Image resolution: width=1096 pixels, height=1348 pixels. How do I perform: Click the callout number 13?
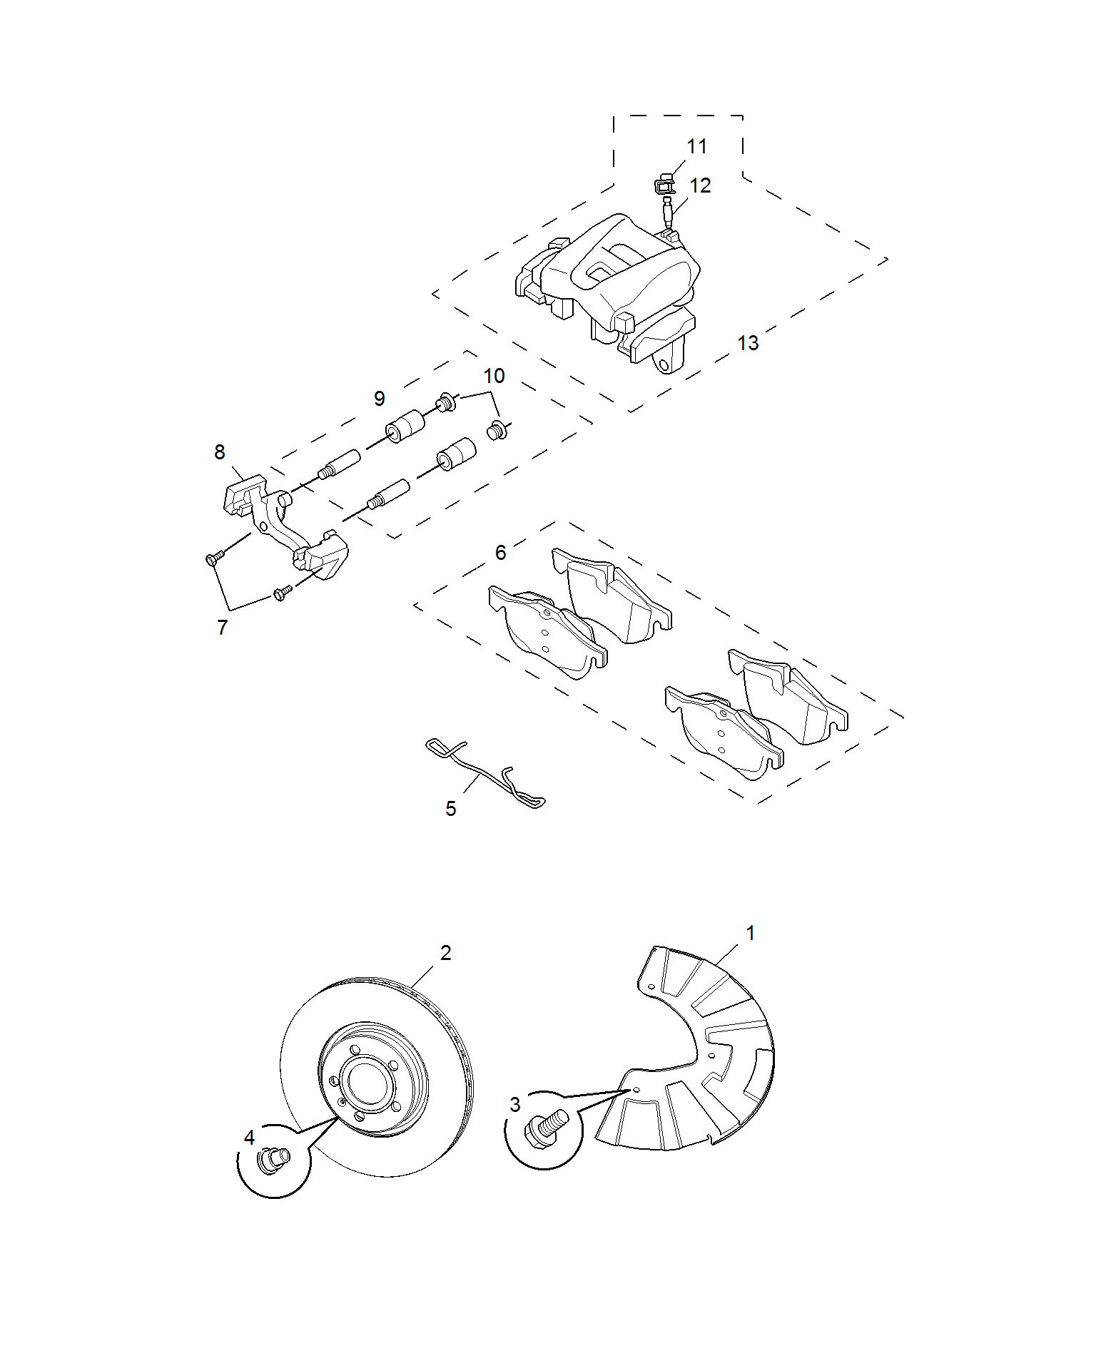click(747, 343)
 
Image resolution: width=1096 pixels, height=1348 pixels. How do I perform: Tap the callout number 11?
click(696, 146)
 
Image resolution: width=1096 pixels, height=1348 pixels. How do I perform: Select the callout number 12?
click(700, 185)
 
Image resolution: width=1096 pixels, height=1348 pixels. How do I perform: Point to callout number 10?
click(494, 376)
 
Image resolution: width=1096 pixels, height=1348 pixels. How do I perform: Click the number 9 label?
click(379, 398)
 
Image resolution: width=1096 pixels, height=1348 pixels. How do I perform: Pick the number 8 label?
click(220, 452)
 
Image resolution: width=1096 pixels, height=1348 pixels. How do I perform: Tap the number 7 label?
click(222, 628)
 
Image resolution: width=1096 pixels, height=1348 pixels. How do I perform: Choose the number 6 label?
click(500, 553)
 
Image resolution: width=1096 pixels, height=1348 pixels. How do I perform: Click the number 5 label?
click(450, 809)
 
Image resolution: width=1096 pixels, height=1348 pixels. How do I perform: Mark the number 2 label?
click(445, 953)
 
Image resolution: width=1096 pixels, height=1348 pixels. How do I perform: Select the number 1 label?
click(750, 933)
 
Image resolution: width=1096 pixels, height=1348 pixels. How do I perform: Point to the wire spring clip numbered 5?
click(484, 775)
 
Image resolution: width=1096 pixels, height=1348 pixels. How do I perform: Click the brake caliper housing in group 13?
click(607, 288)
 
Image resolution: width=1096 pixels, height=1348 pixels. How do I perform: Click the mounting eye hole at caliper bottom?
click(664, 364)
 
